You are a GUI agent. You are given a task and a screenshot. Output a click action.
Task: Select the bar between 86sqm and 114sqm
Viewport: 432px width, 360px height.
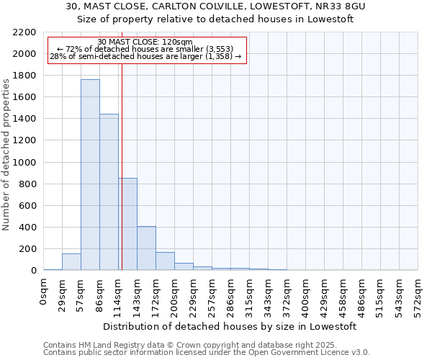109,192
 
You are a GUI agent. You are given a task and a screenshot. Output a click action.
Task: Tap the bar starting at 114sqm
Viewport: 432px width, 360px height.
128,224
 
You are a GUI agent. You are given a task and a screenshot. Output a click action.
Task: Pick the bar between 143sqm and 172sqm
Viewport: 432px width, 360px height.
146,248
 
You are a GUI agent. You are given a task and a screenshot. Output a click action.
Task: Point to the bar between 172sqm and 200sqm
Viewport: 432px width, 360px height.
165,261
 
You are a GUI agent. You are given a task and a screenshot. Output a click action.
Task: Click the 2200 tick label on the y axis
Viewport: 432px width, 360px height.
24,32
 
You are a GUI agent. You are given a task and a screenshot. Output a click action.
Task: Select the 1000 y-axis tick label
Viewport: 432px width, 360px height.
24,163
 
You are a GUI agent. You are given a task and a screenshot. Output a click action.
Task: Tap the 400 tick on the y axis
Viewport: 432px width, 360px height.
27,228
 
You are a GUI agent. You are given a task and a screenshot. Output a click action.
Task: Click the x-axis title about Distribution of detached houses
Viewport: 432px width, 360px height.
230,326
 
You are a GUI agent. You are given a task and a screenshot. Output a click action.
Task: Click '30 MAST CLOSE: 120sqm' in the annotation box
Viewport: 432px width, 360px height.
145,42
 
